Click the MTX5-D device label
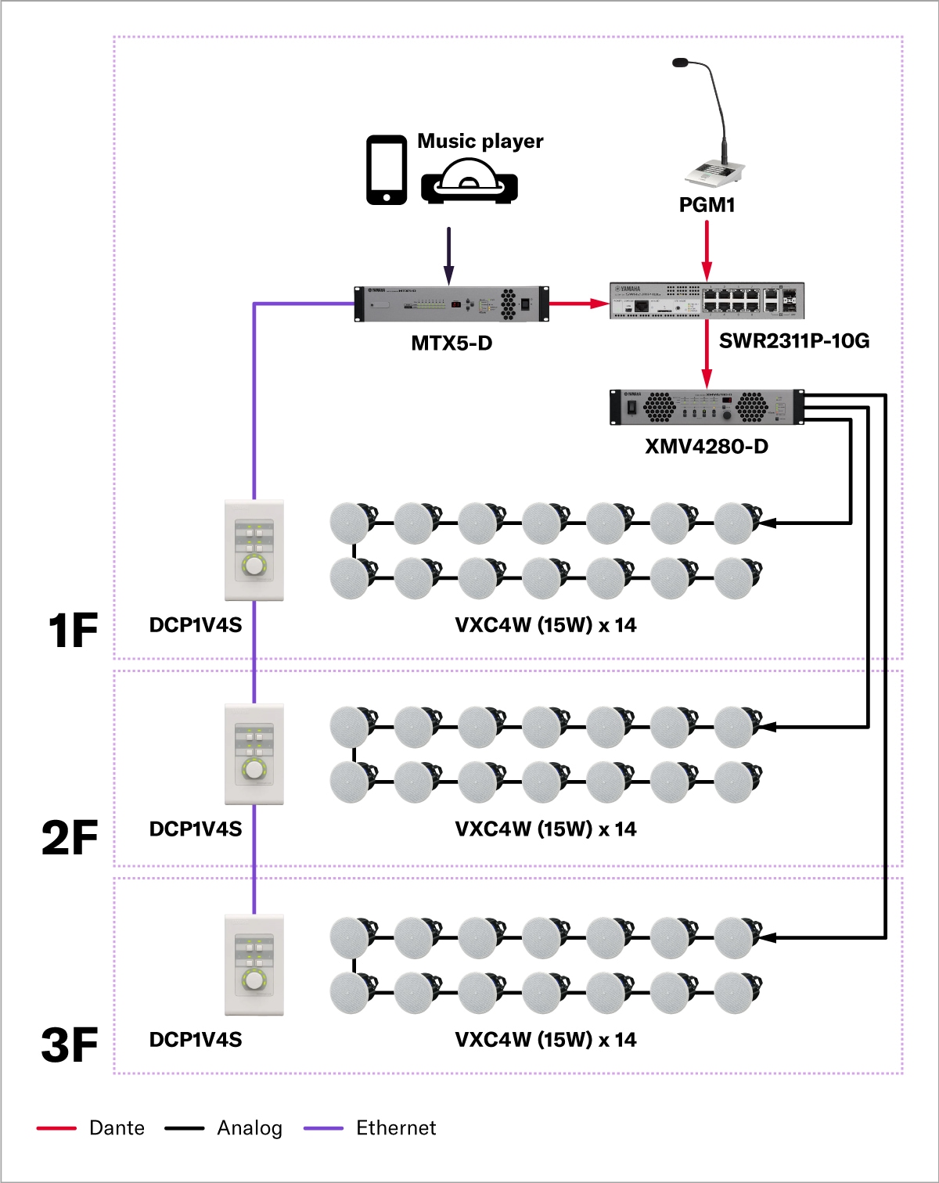coord(452,343)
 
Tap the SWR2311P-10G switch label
coord(793,340)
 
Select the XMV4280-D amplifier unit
coord(707,407)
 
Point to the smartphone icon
coord(387,170)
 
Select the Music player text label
coord(480,141)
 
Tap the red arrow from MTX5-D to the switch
coord(578,304)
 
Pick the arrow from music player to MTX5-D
coord(448,255)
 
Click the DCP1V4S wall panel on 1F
coord(254,550)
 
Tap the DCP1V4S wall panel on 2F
coord(254,754)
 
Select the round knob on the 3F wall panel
coord(254,980)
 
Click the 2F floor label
coord(70,838)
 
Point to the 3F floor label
coord(70,1045)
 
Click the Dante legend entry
coord(92,1127)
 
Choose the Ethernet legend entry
coord(371,1127)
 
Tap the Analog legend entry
coord(224,1127)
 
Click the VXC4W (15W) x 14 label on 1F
coord(545,625)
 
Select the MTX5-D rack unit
coord(452,304)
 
